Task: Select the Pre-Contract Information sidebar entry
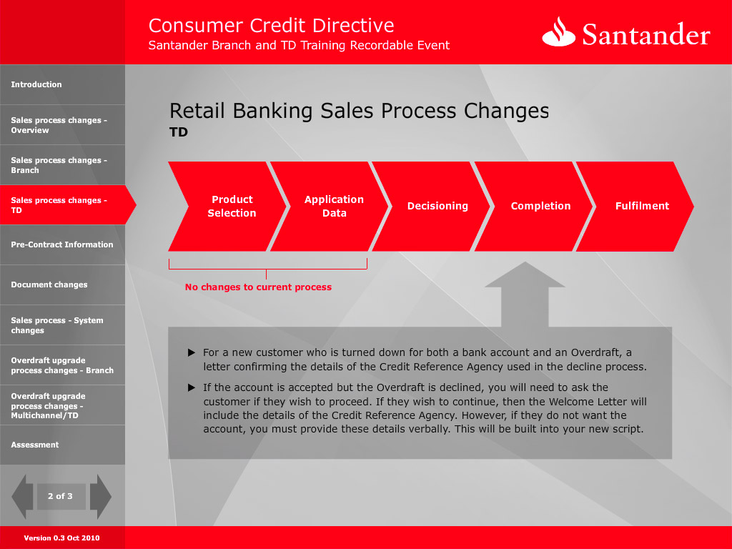tap(62, 244)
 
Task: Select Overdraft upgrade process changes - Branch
tap(62, 365)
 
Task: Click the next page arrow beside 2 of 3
tap(100, 497)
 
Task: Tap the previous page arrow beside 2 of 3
tap(22, 497)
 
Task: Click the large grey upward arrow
tap(525, 294)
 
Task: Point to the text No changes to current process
tap(258, 287)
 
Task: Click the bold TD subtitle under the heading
tap(178, 132)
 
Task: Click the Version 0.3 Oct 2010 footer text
tap(61, 538)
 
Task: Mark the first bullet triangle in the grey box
tap(192, 352)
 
